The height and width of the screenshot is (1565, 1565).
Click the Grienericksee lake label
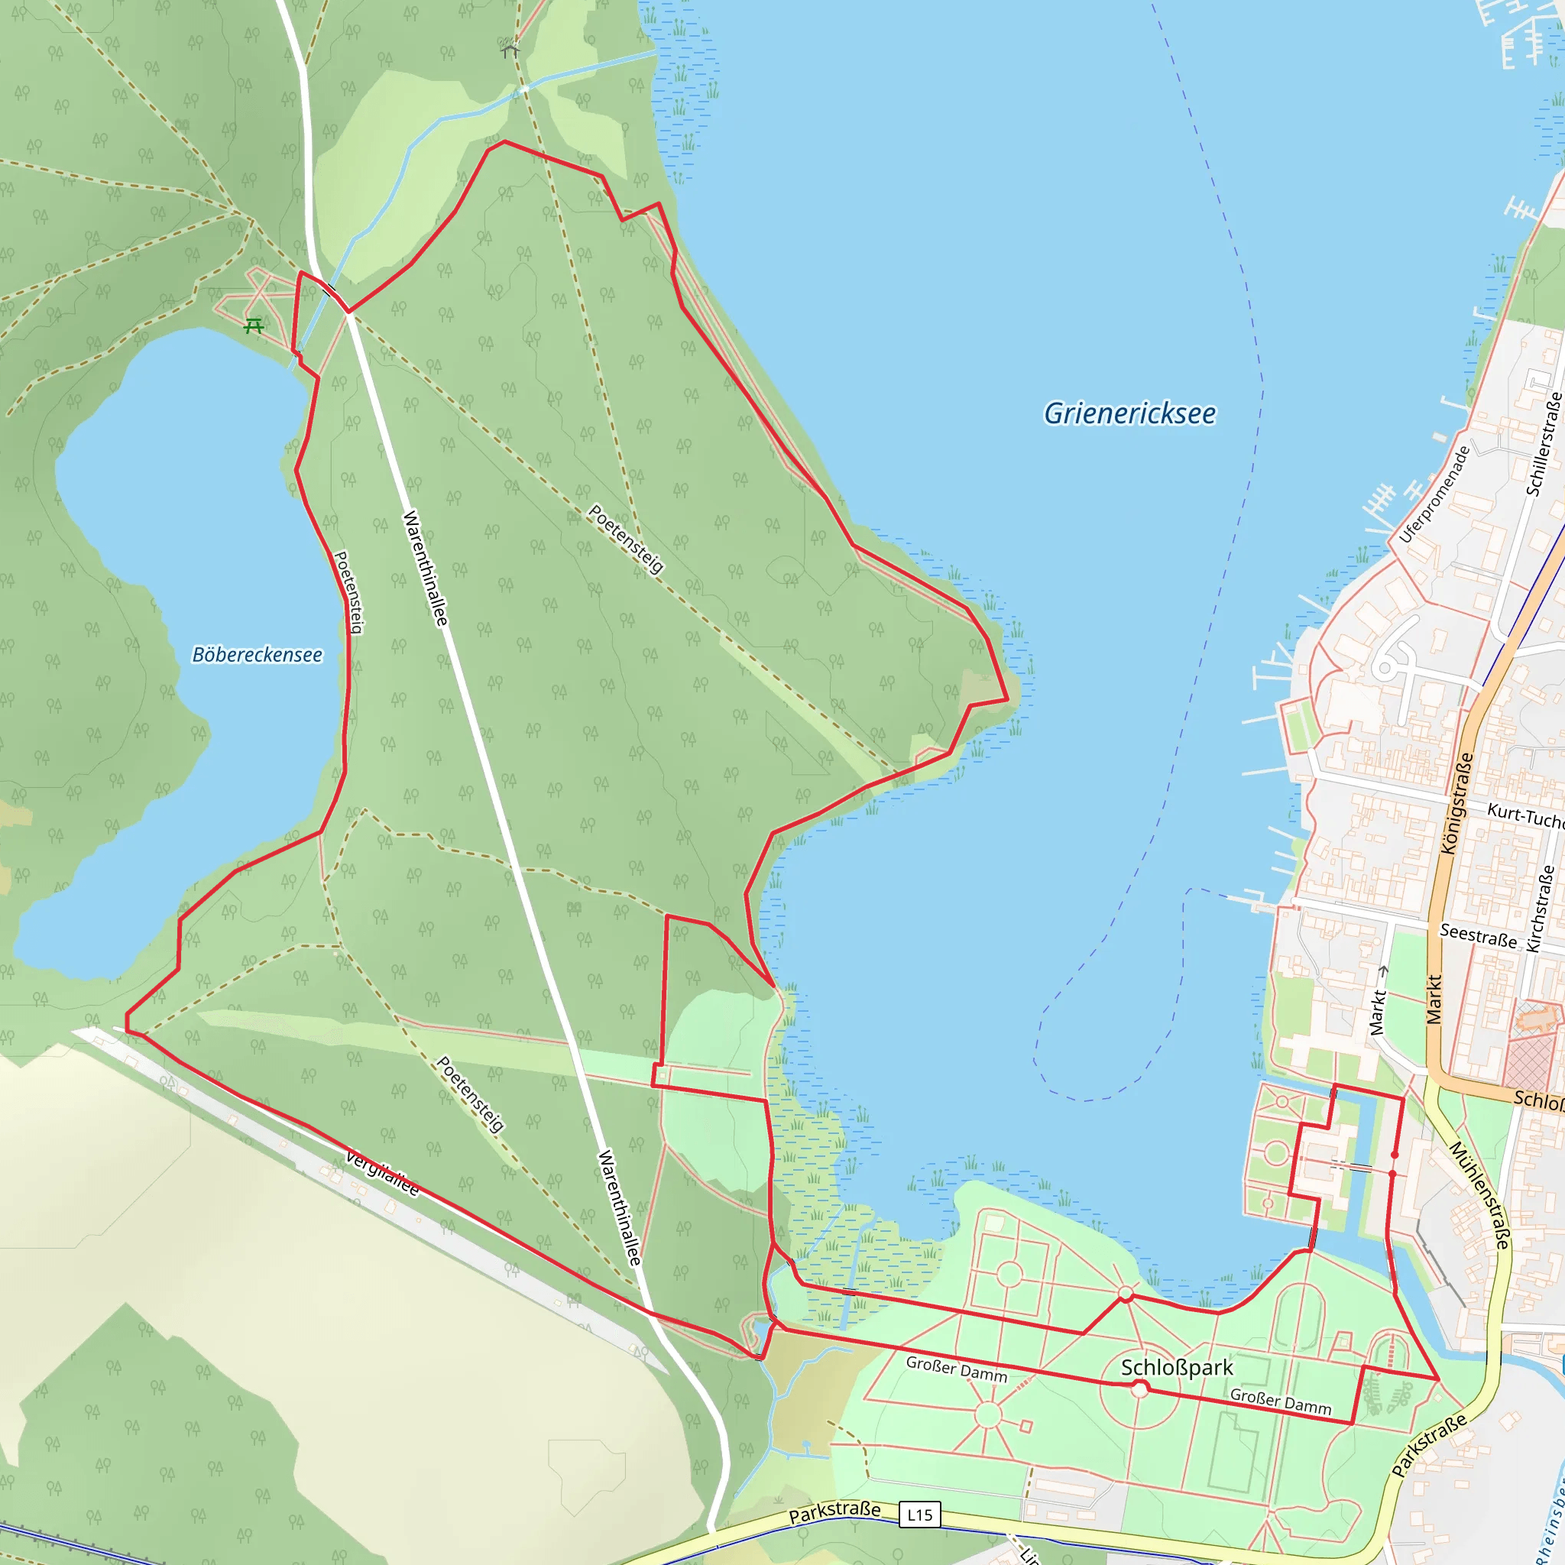click(1129, 414)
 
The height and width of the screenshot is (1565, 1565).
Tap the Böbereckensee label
click(257, 655)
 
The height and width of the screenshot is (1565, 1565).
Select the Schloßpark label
click(1176, 1367)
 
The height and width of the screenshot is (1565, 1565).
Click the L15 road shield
click(919, 1515)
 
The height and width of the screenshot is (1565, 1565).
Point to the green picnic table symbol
click(254, 326)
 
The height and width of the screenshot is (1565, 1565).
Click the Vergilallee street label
click(382, 1173)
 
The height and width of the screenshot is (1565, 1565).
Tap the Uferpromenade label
click(1434, 494)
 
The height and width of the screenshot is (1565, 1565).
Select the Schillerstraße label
click(1543, 444)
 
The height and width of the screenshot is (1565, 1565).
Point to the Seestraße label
click(1478, 935)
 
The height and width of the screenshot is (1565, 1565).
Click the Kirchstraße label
click(1540, 908)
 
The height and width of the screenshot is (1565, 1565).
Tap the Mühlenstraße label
click(1479, 1195)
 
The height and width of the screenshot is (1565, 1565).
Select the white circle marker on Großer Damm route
click(1139, 1389)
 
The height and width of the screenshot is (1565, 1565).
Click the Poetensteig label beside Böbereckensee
click(349, 592)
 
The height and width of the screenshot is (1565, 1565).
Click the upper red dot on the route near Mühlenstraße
click(1395, 1155)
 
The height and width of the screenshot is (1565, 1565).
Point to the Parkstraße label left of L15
click(834, 1511)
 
